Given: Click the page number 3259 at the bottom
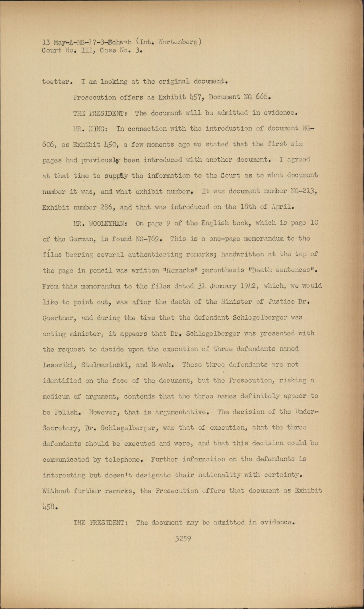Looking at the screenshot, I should (183, 539).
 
